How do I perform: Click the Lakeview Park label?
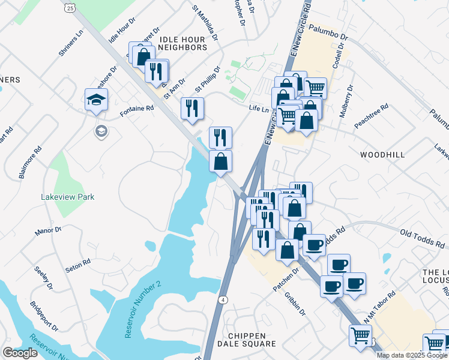pos(67,197)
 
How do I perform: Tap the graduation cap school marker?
pos(96,100)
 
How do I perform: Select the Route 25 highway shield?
pos(71,8)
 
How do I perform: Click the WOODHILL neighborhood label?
pos(382,154)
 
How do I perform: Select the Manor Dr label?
pos(48,230)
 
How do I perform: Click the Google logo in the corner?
pos(20,353)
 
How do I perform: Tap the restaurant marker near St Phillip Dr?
pos(193,108)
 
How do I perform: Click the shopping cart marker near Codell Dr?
pos(316,88)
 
